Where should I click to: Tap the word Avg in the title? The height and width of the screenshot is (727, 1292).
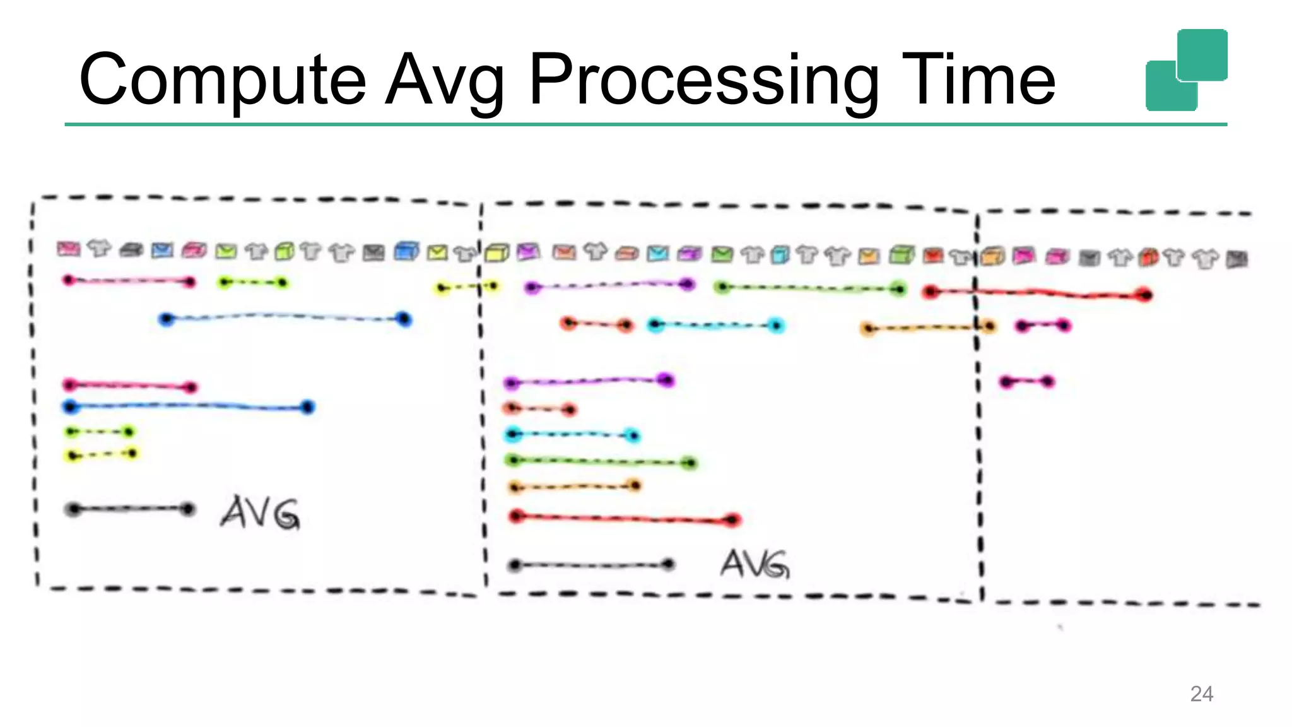445,80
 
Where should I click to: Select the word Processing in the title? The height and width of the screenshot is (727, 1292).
703,80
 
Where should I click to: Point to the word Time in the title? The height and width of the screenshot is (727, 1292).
978,80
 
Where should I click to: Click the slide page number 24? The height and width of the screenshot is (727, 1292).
1201,694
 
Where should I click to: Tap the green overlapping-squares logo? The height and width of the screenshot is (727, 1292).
1186,69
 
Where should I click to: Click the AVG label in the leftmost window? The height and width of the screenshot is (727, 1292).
260,512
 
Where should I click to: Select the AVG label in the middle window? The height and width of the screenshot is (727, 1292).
755,564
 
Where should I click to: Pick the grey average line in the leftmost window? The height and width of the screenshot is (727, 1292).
130,509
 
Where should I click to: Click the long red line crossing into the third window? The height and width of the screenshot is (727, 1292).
1037,293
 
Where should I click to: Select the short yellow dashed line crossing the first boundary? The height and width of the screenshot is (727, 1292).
467,287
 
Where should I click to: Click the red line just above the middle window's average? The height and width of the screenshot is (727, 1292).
625,519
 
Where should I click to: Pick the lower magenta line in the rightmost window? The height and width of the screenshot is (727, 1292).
1026,382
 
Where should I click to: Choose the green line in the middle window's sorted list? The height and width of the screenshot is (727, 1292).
602,461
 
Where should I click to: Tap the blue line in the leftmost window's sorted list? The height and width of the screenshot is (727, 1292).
189,406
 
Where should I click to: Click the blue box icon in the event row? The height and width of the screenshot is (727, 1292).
406,251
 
